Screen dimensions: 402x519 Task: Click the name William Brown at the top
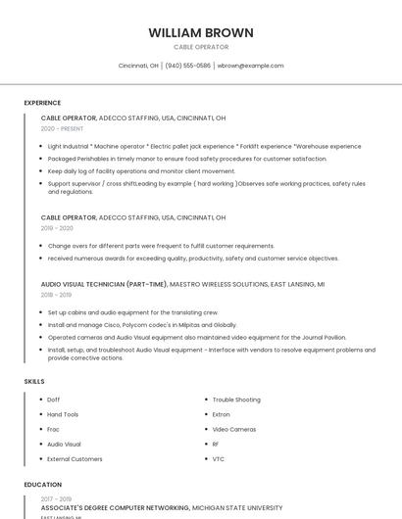coord(201,32)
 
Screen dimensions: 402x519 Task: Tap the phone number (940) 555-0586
coord(187,66)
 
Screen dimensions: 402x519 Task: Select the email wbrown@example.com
coord(251,66)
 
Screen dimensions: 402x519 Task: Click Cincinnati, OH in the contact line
coord(138,66)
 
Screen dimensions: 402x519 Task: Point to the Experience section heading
coord(42,103)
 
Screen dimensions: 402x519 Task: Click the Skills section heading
coord(34,381)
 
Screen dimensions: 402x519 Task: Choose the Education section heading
coord(42,485)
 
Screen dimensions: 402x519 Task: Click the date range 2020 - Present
coord(62,128)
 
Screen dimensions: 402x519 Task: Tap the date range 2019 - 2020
coord(57,228)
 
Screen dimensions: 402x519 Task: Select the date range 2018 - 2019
coord(56,295)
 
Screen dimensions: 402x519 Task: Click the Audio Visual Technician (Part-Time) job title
coord(104,284)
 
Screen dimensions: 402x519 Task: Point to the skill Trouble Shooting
coord(236,400)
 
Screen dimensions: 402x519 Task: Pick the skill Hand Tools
coord(63,414)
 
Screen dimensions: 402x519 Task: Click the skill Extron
coord(223,414)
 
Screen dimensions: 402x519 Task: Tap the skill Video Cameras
coord(234,429)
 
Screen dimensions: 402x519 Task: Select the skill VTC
coord(219,458)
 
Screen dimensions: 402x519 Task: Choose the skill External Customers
coord(75,458)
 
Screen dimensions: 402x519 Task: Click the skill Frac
coord(54,429)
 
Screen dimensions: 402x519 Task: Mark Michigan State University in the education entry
coord(235,508)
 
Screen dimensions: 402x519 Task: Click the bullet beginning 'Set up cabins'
coord(120,312)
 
